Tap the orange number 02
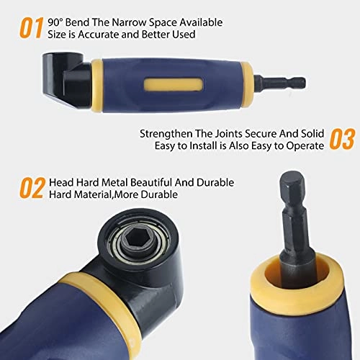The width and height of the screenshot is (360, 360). pyautogui.click(x=31, y=189)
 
